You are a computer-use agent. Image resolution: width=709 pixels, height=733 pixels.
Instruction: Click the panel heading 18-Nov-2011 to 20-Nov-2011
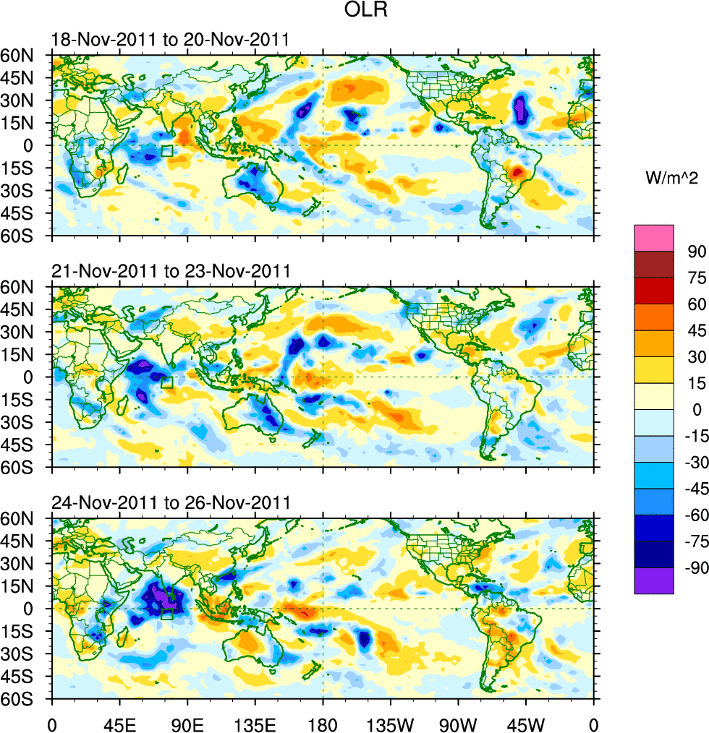pyautogui.click(x=171, y=40)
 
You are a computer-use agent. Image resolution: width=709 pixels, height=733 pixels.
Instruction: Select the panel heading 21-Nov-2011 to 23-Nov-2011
pyautogui.click(x=171, y=271)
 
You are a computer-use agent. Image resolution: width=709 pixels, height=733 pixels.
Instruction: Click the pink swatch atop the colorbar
pyautogui.click(x=653, y=238)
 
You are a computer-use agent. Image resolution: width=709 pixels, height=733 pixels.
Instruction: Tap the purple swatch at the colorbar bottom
pyautogui.click(x=653, y=580)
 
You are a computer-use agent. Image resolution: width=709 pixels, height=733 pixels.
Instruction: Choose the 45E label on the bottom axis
pyautogui.click(x=119, y=722)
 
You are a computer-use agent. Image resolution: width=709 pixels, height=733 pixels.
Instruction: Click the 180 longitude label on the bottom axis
pyautogui.click(x=323, y=722)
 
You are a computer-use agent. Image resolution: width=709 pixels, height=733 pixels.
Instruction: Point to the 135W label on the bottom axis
pyautogui.click(x=390, y=722)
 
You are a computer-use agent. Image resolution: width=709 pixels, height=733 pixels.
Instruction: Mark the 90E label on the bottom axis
pyautogui.click(x=187, y=722)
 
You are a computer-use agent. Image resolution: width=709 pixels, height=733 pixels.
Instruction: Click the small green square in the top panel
pyautogui.click(x=167, y=151)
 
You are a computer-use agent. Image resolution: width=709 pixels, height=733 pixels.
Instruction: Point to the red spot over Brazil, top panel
pyautogui.click(x=516, y=172)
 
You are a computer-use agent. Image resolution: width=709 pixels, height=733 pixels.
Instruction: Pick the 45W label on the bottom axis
pyautogui.click(x=525, y=722)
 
